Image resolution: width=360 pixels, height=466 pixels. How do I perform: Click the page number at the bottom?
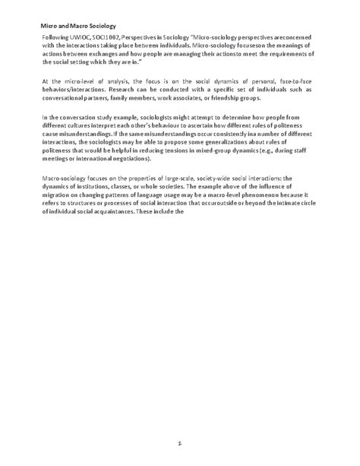coord(181,441)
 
